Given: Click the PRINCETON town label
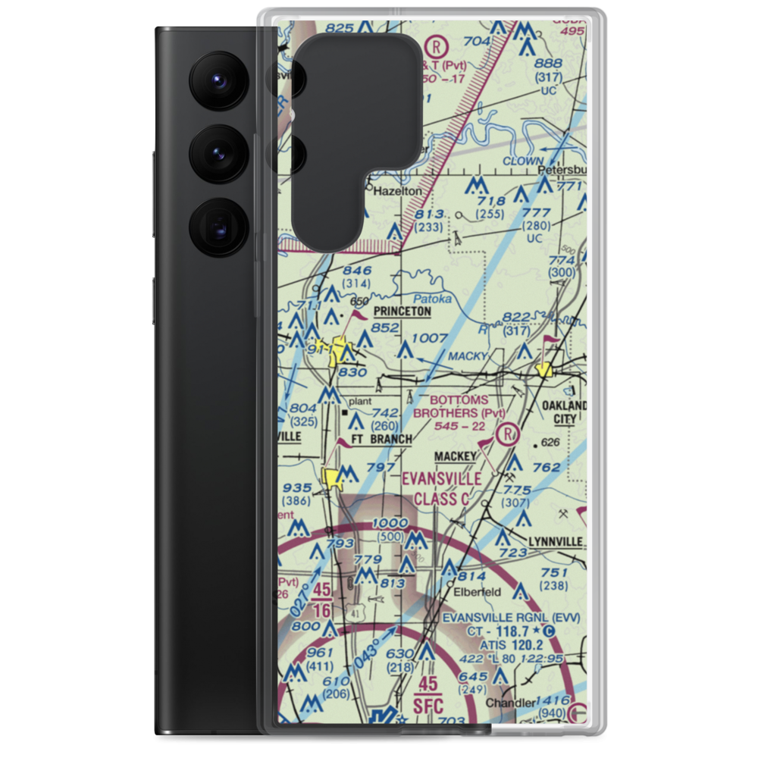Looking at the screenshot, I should pyautogui.click(x=402, y=312).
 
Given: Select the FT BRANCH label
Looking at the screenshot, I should pyautogui.click(x=381, y=439).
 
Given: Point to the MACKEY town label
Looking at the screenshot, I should pyautogui.click(x=456, y=456).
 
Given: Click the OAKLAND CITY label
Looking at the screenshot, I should pyautogui.click(x=565, y=412).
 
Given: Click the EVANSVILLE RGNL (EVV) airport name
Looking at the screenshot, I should pyautogui.click(x=512, y=618).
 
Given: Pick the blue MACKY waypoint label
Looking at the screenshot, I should pyautogui.click(x=468, y=355).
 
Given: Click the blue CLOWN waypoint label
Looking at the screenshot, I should pyautogui.click(x=523, y=161).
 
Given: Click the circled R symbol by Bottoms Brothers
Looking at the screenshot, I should pyautogui.click(x=506, y=434).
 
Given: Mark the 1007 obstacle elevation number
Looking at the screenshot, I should pyautogui.click(x=431, y=337).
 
